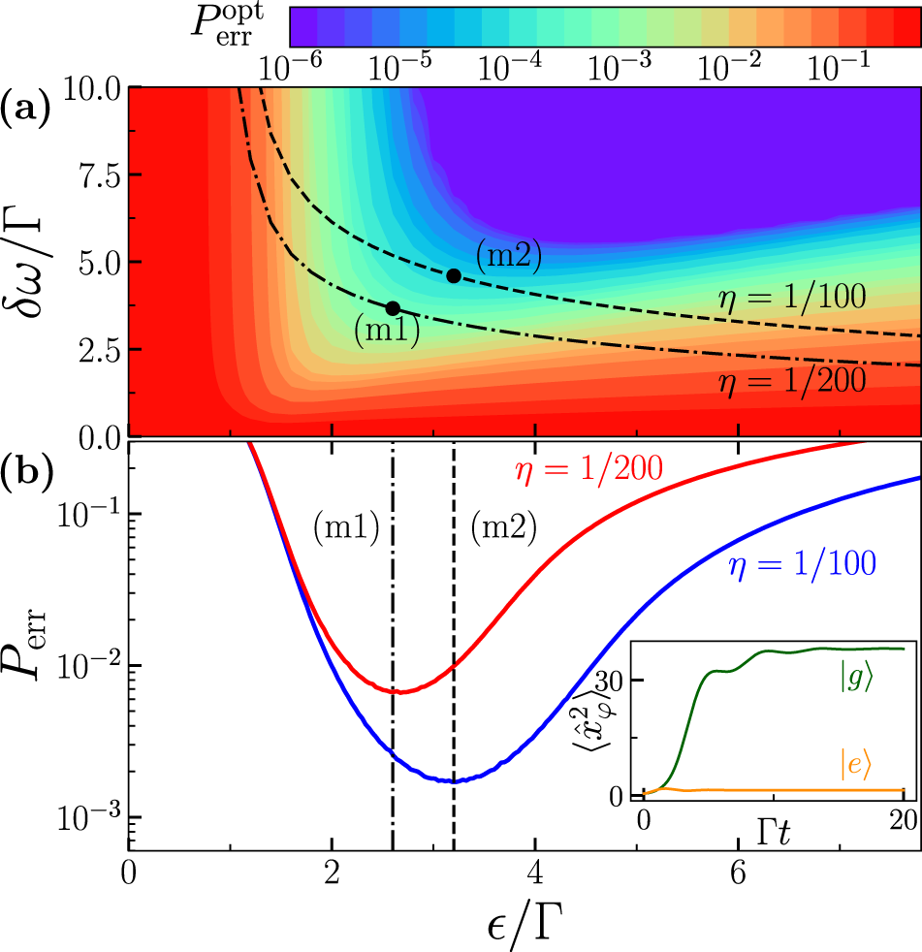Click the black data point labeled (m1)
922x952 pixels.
[393, 308]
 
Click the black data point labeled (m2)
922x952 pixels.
[453, 275]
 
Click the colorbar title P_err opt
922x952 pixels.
[239, 27]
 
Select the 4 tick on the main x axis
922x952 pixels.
[533, 870]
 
